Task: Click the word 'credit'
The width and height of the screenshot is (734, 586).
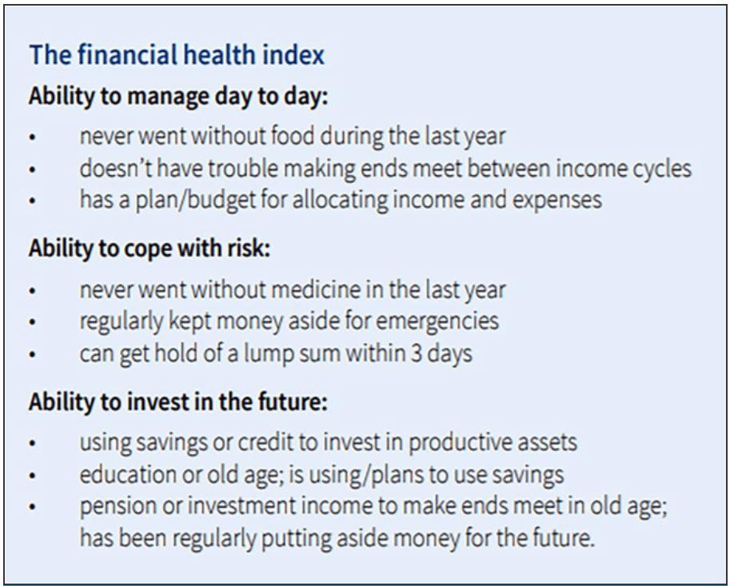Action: pyautogui.click(x=269, y=442)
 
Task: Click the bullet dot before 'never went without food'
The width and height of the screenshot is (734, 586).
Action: pyautogui.click(x=32, y=138)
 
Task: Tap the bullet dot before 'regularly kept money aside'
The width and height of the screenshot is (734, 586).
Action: pyautogui.click(x=32, y=322)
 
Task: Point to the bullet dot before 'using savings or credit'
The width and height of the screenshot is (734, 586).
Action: pyautogui.click(x=32, y=443)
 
